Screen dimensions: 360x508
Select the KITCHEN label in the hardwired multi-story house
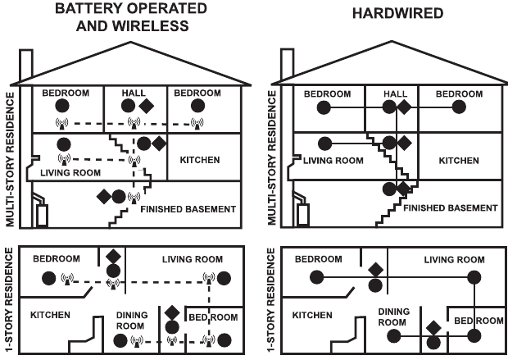(x=458, y=160)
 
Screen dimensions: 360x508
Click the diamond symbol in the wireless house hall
(x=147, y=106)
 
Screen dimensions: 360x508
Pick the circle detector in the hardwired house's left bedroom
(x=323, y=107)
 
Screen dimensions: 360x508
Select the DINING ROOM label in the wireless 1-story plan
(x=131, y=320)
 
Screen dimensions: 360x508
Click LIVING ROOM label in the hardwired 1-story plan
(x=454, y=260)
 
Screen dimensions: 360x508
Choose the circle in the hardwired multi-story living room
(x=323, y=143)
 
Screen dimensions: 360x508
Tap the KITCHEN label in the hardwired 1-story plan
(x=311, y=315)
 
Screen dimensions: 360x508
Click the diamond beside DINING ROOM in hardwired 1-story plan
(x=433, y=329)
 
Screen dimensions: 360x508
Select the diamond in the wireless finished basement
(x=104, y=196)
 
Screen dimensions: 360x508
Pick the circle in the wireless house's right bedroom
(x=197, y=107)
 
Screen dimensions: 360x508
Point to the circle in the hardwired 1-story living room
(x=474, y=278)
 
